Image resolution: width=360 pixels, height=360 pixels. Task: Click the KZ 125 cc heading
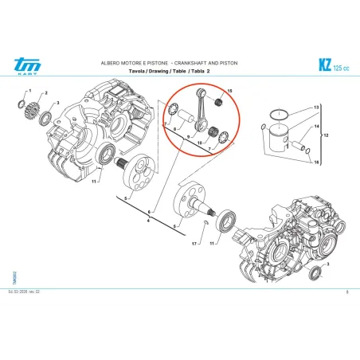pos(330,65)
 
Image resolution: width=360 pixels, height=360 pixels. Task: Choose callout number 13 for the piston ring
pos(315,108)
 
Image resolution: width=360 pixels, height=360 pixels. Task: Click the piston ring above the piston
pos(283,113)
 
